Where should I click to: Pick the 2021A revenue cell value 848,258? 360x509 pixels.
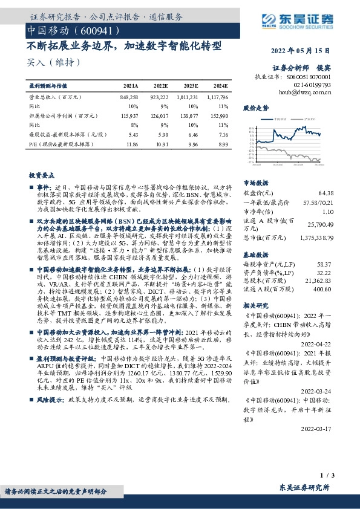tap(130, 97)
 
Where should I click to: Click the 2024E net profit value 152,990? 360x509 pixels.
tap(218, 116)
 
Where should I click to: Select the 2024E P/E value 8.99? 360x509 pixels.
tap(222, 145)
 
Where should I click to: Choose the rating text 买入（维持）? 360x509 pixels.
tap(53, 62)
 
